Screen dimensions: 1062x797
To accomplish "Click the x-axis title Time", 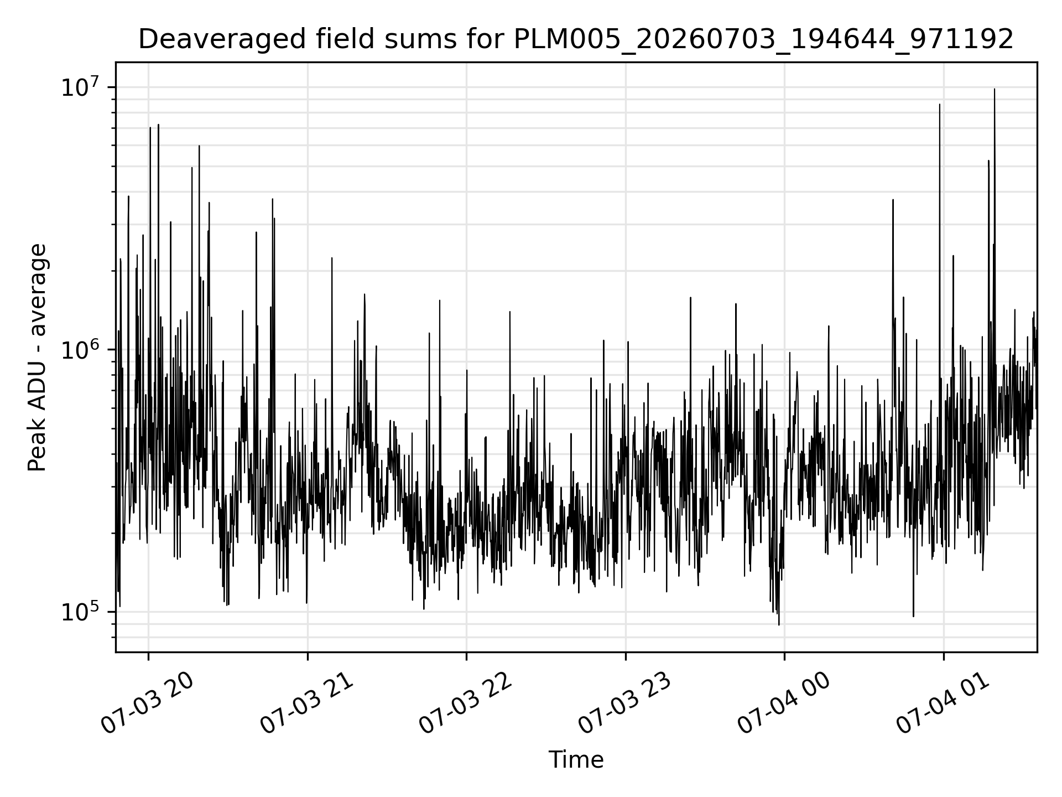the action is tap(576, 760).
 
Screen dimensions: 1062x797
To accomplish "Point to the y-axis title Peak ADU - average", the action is tap(37, 358).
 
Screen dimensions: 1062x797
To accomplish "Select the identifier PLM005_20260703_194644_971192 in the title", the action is tap(764, 40).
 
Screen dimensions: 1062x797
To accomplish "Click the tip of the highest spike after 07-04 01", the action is tap(995, 89).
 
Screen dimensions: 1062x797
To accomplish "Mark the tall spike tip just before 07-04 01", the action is tap(939, 104).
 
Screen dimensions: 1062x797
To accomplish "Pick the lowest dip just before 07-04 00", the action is tap(779, 625).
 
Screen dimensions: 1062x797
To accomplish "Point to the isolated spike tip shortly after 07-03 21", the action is tap(332, 258).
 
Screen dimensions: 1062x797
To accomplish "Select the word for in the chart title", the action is tap(490, 40).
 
